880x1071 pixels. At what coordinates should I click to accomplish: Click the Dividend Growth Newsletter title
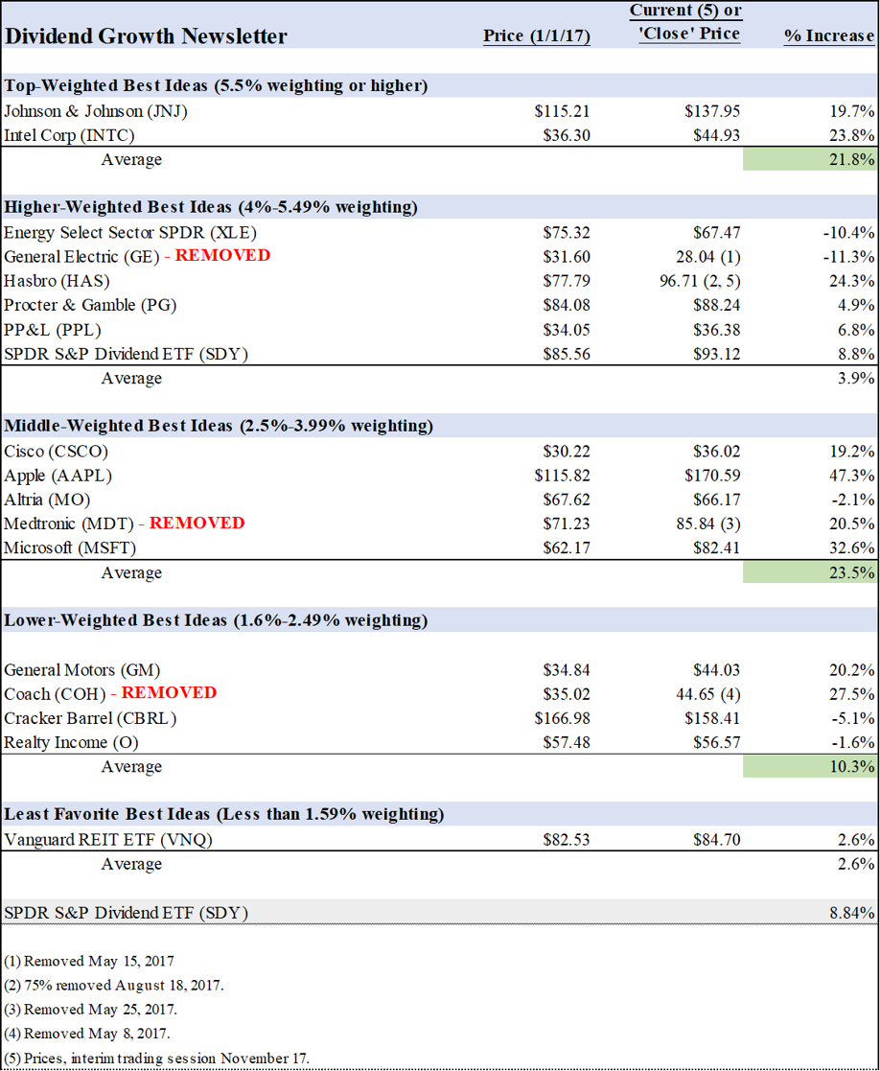click(146, 36)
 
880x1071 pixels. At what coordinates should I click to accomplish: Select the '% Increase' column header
click(828, 35)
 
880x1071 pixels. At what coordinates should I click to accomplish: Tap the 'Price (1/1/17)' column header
click(536, 35)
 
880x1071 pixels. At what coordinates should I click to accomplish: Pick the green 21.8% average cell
click(810, 159)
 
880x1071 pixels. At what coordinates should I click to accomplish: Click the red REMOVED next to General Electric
click(222, 256)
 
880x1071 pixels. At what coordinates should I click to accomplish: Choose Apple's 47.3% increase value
click(851, 476)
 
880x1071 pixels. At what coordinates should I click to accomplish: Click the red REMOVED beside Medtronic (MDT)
click(197, 524)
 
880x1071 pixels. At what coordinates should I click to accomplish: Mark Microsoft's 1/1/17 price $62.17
click(564, 548)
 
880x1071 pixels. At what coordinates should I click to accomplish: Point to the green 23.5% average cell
click(810, 572)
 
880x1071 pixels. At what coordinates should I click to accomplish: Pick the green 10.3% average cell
click(810, 766)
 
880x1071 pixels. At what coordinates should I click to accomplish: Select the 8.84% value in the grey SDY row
click(849, 912)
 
